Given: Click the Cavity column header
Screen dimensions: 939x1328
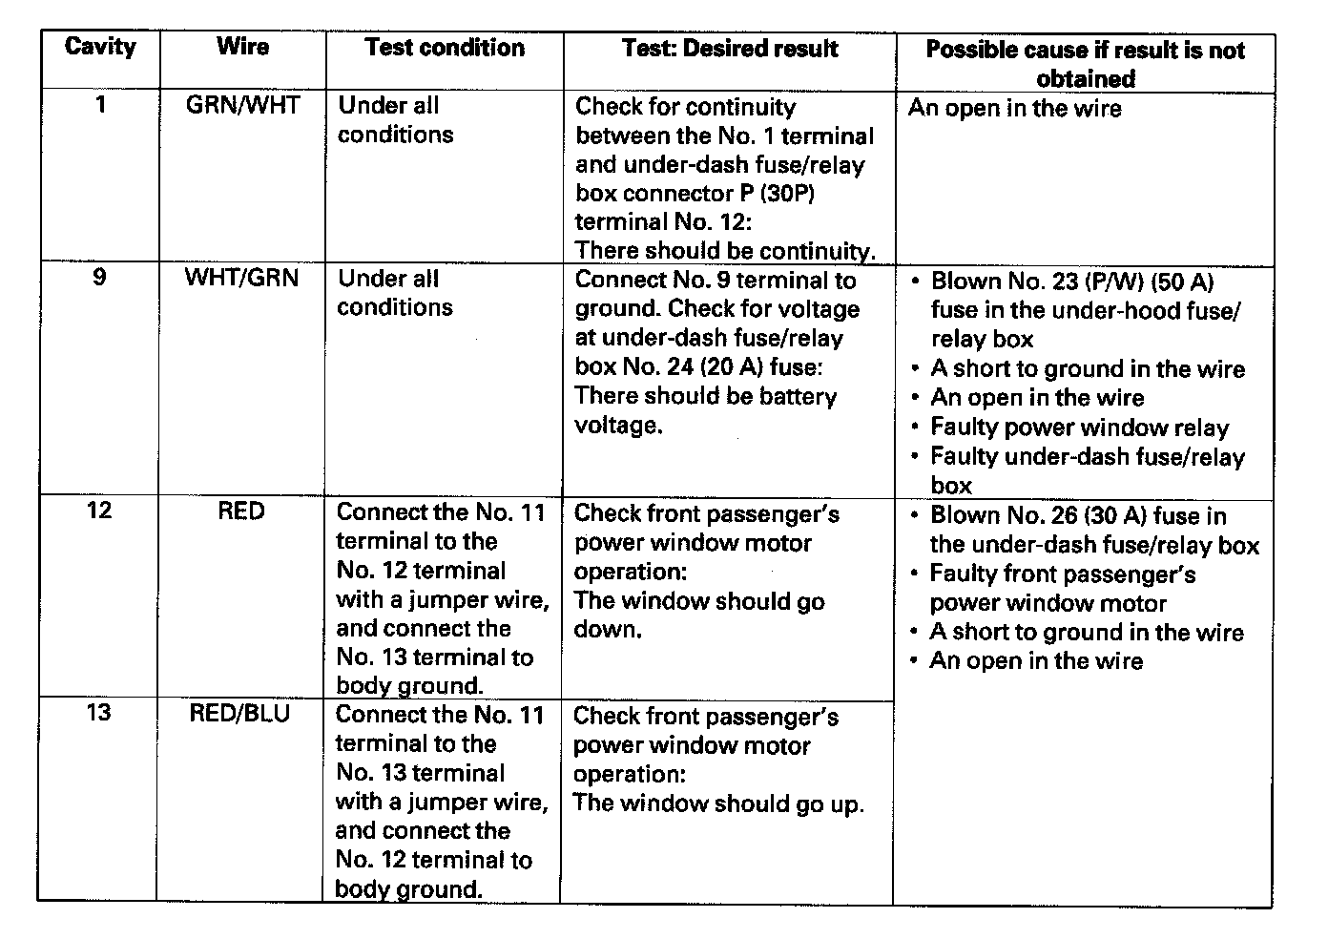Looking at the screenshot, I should coord(100,47).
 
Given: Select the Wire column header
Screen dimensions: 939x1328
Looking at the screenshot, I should coord(243,47).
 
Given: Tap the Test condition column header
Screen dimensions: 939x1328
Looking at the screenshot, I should coord(445,48).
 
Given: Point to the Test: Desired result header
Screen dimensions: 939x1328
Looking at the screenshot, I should coord(730,49).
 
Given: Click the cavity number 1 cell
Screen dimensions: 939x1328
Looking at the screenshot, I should coord(100,104).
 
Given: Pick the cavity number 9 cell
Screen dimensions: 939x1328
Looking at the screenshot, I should coord(99,278).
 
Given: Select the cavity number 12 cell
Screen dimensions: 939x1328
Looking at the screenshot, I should coord(99,511).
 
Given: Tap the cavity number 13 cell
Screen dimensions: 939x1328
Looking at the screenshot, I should coord(99,713).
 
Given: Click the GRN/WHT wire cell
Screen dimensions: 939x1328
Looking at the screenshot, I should coord(243,105).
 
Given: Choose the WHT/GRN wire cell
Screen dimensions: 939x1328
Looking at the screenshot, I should coord(242,278).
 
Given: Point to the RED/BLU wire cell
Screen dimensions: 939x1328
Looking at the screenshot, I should coord(239,714).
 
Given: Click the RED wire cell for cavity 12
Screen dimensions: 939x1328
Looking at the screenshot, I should coord(240,511).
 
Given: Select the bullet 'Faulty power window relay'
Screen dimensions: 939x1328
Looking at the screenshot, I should coord(1079,428).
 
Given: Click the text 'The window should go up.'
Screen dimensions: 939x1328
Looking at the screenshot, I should coord(718,803).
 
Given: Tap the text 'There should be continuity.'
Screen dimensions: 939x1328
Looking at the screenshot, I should coord(725,251).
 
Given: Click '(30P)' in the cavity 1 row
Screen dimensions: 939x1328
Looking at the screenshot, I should coord(786,194).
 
